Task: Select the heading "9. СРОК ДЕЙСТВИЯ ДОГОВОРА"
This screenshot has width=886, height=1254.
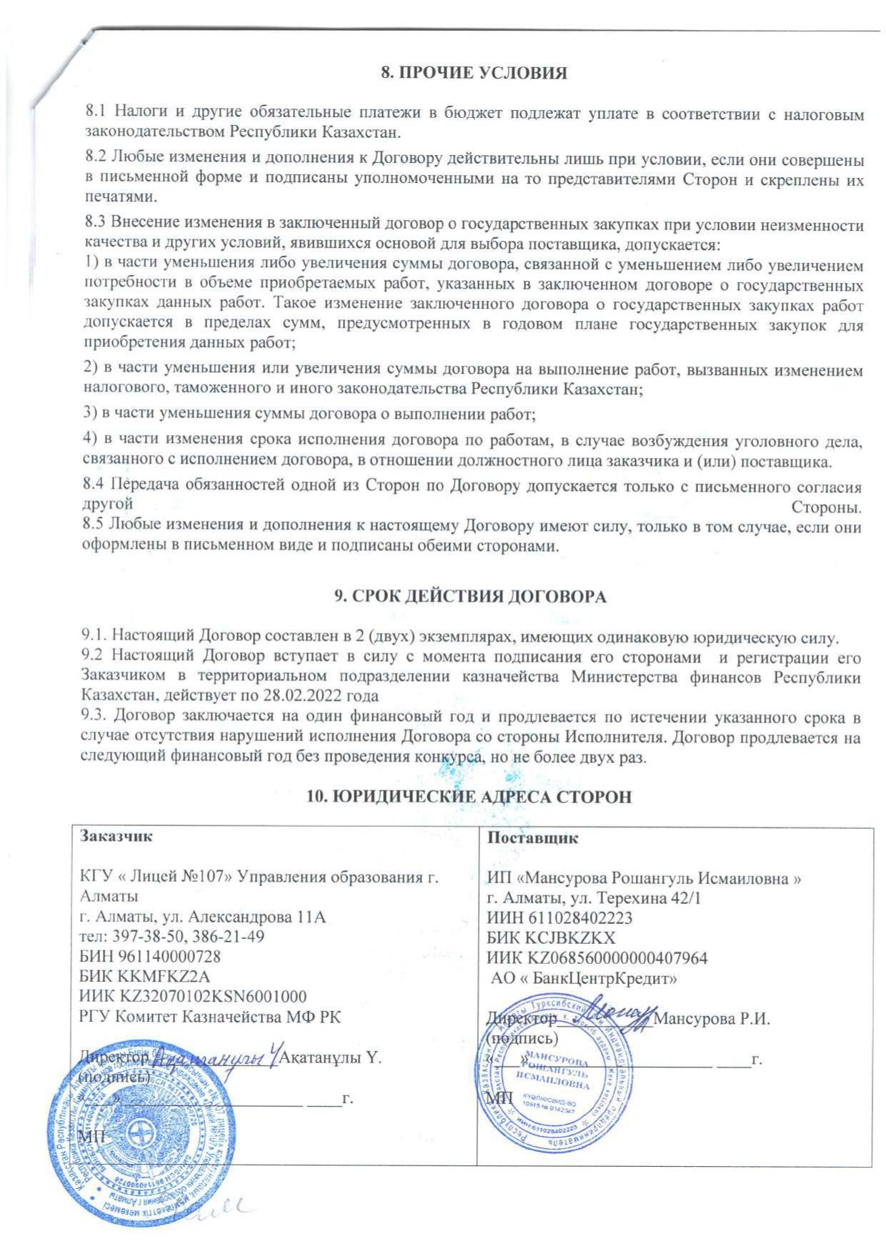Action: (471, 597)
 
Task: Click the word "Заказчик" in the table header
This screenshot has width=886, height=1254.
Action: (116, 836)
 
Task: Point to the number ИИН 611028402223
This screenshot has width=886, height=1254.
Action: (559, 917)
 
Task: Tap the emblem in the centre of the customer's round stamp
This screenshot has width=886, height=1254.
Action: (145, 1135)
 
